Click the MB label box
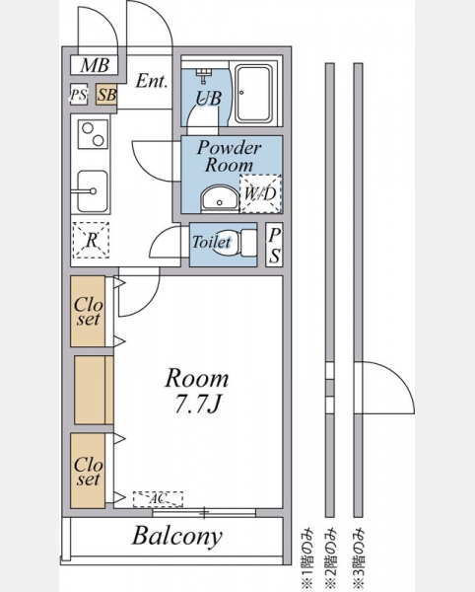[x=95, y=65]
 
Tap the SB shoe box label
[x=105, y=95]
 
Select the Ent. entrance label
[x=152, y=81]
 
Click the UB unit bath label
[x=209, y=98]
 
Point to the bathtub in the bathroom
[x=253, y=94]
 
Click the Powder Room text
[x=229, y=156]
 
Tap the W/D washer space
[x=260, y=193]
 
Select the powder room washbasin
[x=220, y=198]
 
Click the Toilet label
[x=212, y=242]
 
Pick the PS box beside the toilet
[x=274, y=245]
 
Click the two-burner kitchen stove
[x=93, y=134]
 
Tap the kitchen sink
[x=93, y=191]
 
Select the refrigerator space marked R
[x=91, y=240]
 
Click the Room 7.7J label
[x=197, y=391]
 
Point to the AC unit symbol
[x=158, y=499]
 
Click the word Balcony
[x=176, y=536]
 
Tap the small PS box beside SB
[x=79, y=95]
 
